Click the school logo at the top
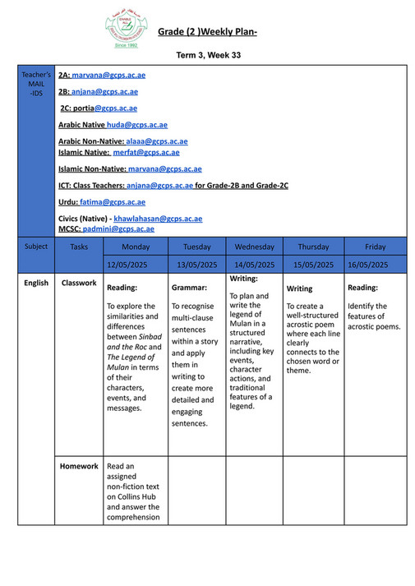[x=127, y=30]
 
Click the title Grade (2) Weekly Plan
[x=207, y=32]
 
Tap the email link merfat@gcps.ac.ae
[x=145, y=152]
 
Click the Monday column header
[x=136, y=247]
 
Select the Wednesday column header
[x=254, y=247]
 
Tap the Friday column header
[x=375, y=247]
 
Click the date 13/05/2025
[x=197, y=265]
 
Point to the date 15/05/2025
[x=313, y=265]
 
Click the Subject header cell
[x=36, y=247]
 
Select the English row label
[x=36, y=284]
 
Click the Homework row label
[x=79, y=466]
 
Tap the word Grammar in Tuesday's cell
[x=189, y=288]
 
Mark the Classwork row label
[x=79, y=284]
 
